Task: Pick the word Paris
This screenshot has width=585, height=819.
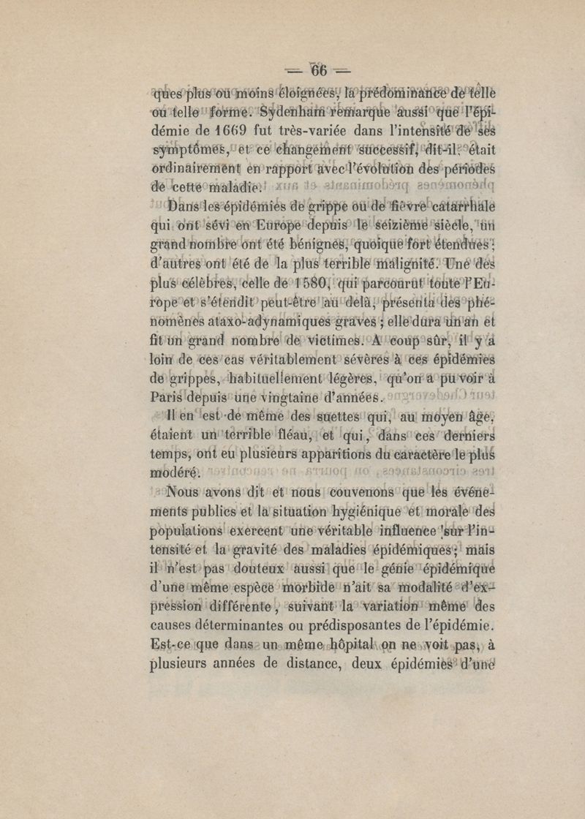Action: pyautogui.click(x=169, y=398)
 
